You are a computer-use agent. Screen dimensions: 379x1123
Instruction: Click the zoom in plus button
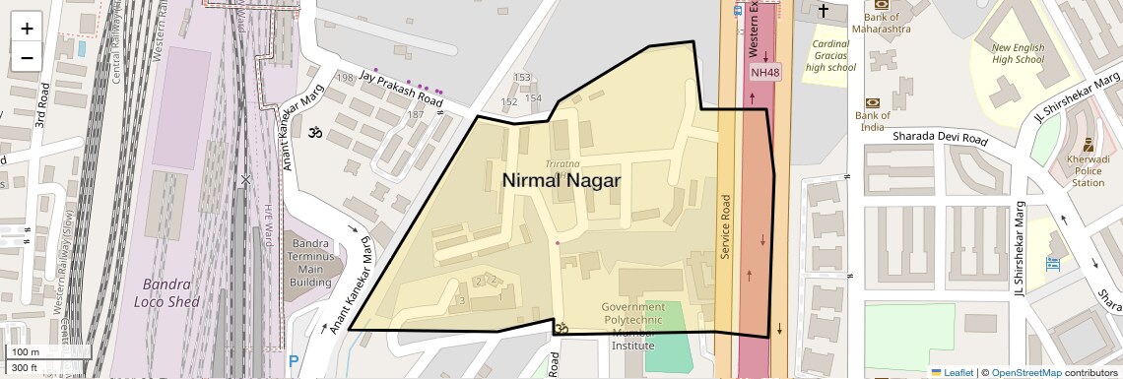click(27, 28)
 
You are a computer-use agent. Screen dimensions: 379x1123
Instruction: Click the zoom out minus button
click(27, 57)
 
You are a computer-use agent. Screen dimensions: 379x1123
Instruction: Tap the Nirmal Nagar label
click(561, 180)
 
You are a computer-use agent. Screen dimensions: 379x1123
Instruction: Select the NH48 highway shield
click(764, 72)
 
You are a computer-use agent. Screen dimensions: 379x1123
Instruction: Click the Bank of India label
click(873, 121)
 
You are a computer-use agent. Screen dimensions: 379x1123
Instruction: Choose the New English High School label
click(1017, 53)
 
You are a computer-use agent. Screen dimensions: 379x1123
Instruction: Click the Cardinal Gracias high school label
click(829, 55)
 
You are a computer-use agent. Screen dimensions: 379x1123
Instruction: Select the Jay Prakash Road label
click(401, 88)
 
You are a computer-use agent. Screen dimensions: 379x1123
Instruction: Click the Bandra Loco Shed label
click(167, 292)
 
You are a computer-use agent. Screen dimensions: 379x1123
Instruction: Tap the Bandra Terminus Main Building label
click(310, 263)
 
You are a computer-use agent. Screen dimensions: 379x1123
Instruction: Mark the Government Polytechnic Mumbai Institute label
click(632, 326)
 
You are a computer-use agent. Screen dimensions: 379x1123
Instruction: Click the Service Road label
click(725, 226)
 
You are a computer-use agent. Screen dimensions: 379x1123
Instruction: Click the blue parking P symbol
click(293, 363)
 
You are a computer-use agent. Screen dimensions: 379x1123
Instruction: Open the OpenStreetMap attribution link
click(1025, 372)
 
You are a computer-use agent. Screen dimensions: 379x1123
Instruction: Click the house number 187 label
click(416, 115)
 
